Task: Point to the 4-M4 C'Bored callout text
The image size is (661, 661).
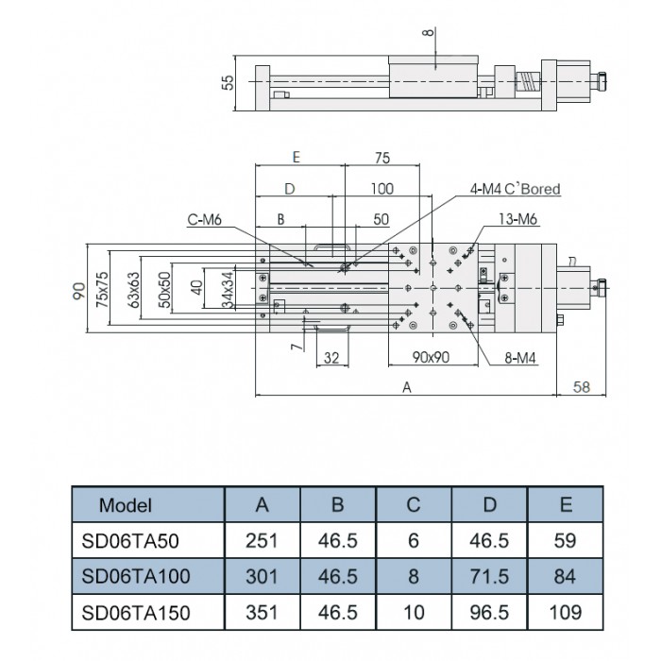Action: pyautogui.click(x=516, y=190)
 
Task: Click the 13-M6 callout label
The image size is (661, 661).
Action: pyautogui.click(x=519, y=220)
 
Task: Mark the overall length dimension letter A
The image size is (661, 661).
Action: pyautogui.click(x=407, y=386)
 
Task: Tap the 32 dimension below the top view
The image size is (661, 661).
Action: pyautogui.click(x=331, y=358)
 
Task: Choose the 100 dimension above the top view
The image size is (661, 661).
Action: pyautogui.click(x=381, y=189)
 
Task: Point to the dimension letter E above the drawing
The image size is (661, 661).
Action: pyautogui.click(x=296, y=158)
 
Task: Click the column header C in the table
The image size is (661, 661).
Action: pyautogui.click(x=413, y=505)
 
